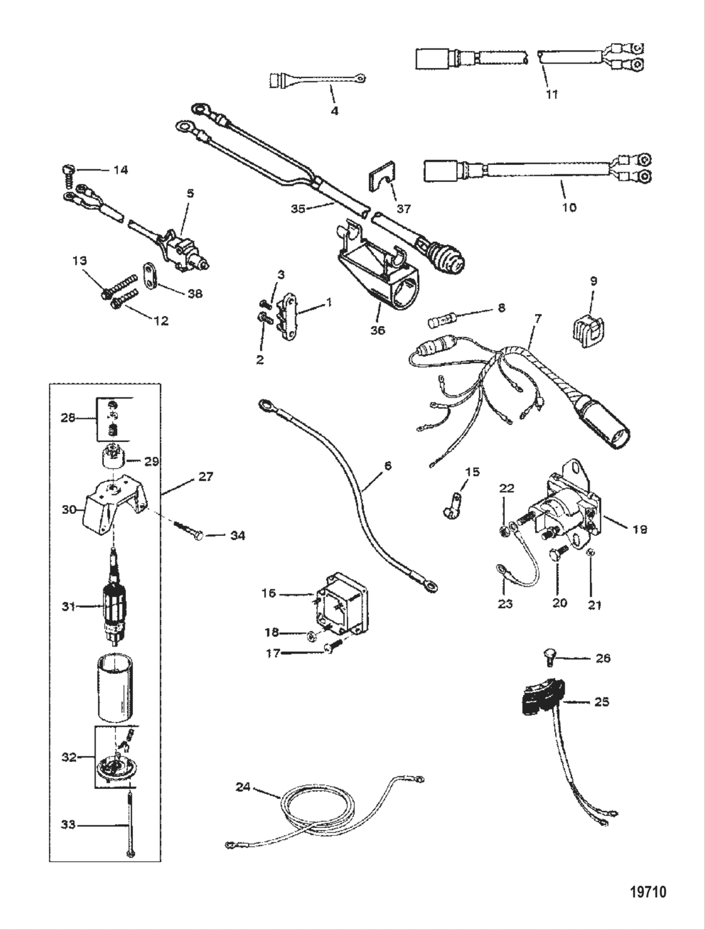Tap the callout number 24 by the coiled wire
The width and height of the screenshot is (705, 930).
(x=244, y=786)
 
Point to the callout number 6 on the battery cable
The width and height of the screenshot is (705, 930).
(x=388, y=467)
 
